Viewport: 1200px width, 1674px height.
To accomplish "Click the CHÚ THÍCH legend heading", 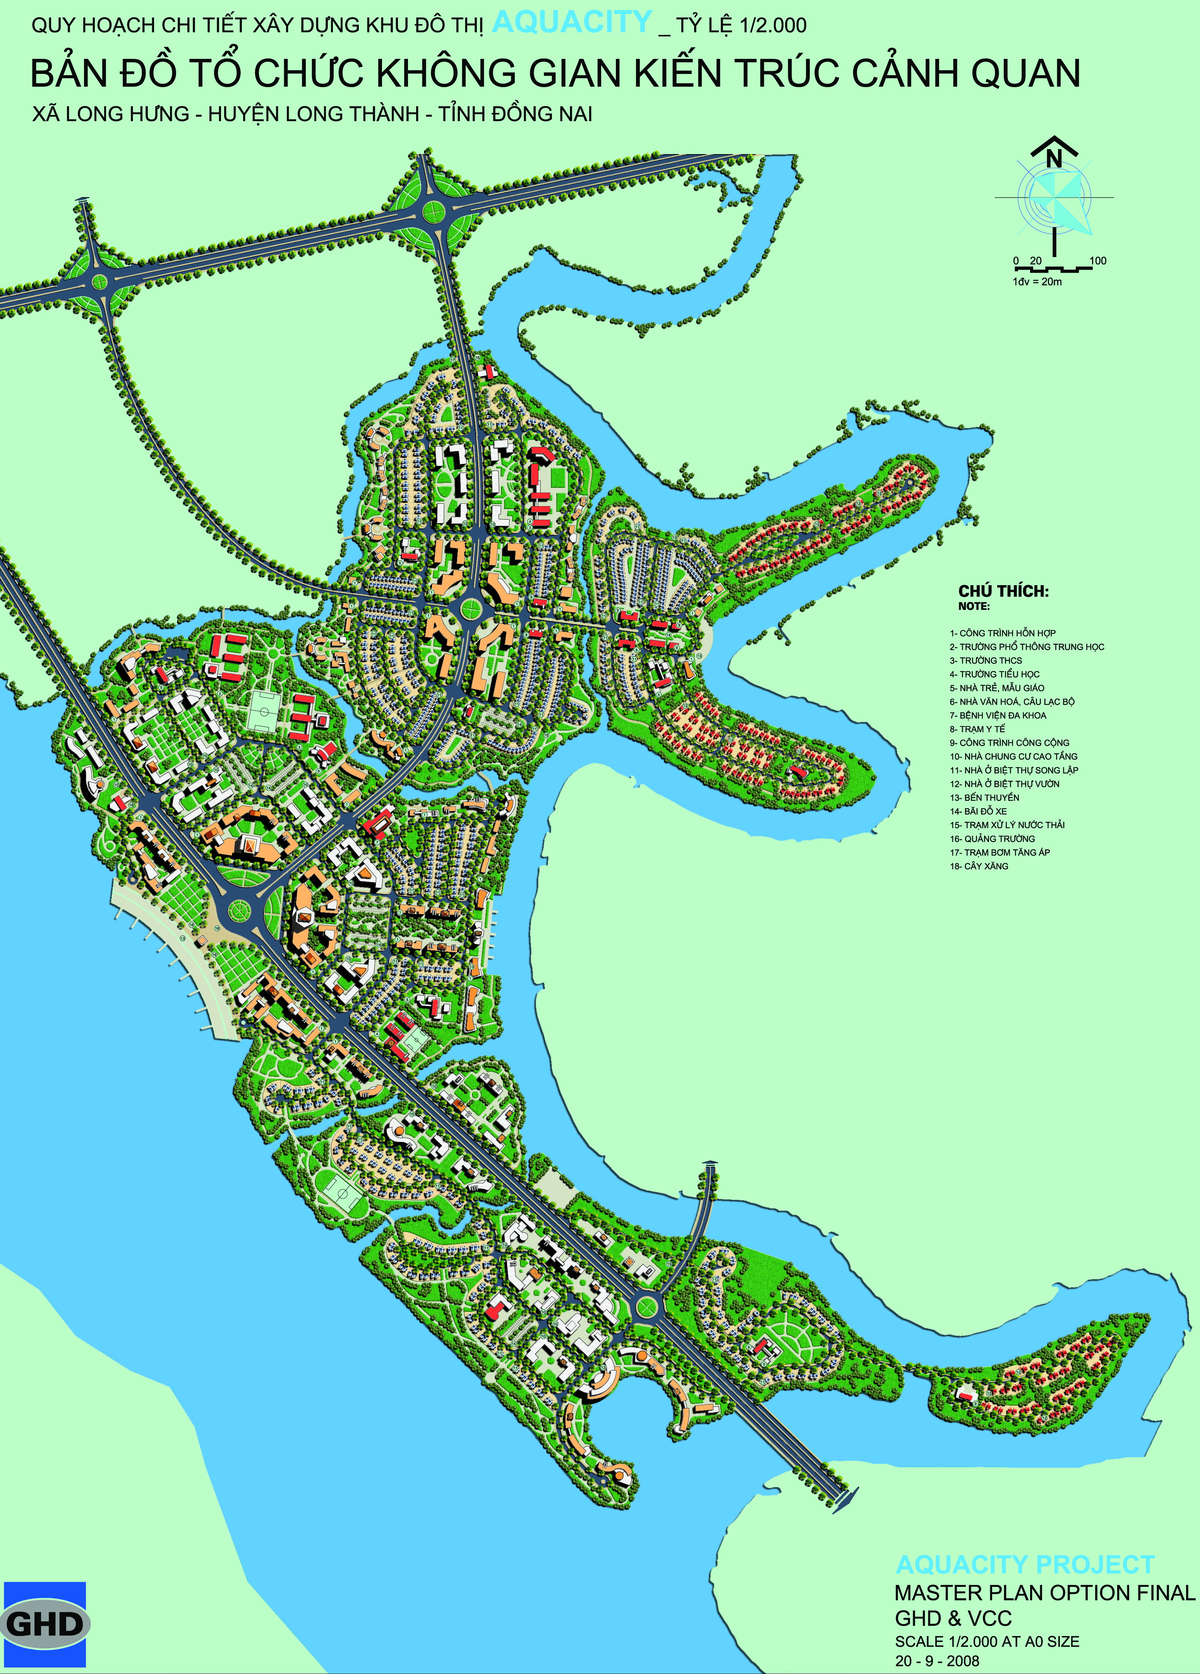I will (x=1003, y=591).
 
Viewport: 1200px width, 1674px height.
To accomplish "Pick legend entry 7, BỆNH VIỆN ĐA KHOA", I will (x=998, y=715).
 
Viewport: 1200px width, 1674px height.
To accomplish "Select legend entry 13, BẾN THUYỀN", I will (x=984, y=797).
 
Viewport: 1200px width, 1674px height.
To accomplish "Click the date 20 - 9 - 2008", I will (x=937, y=1661).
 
